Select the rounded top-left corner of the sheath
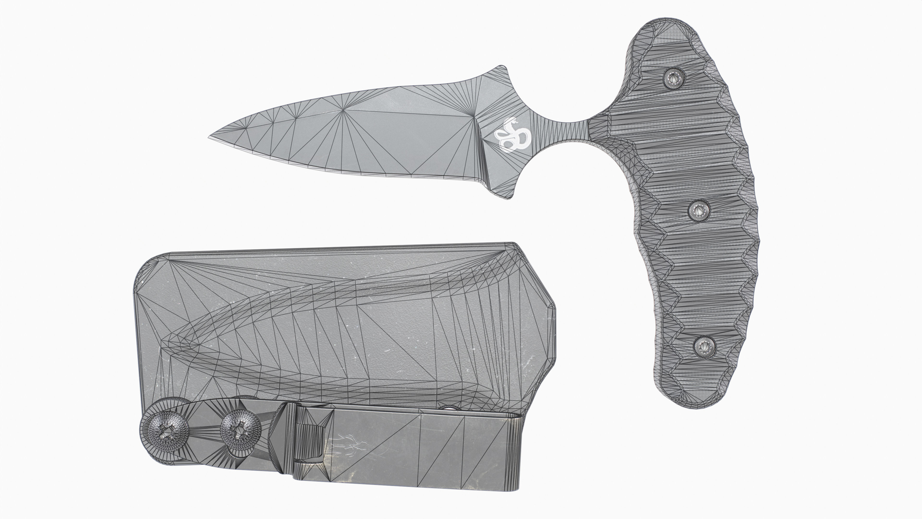(x=147, y=267)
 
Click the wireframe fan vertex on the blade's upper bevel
(x=343, y=110)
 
